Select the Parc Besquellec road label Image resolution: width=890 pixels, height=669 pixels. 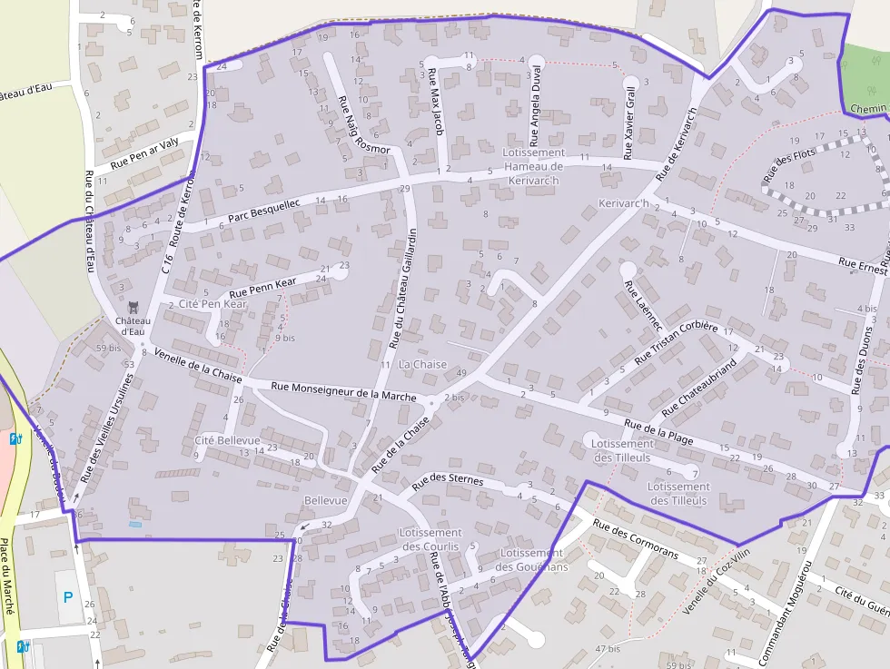263,212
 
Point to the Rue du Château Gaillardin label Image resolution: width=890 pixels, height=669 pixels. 402,289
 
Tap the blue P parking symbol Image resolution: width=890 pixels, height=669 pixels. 67,596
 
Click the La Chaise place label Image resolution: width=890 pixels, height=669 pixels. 423,364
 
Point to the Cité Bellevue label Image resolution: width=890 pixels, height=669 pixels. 227,440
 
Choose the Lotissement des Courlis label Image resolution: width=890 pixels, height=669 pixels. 430,539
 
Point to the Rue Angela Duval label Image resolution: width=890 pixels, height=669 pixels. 535,107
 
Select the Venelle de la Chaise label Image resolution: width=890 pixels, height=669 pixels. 198,364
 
